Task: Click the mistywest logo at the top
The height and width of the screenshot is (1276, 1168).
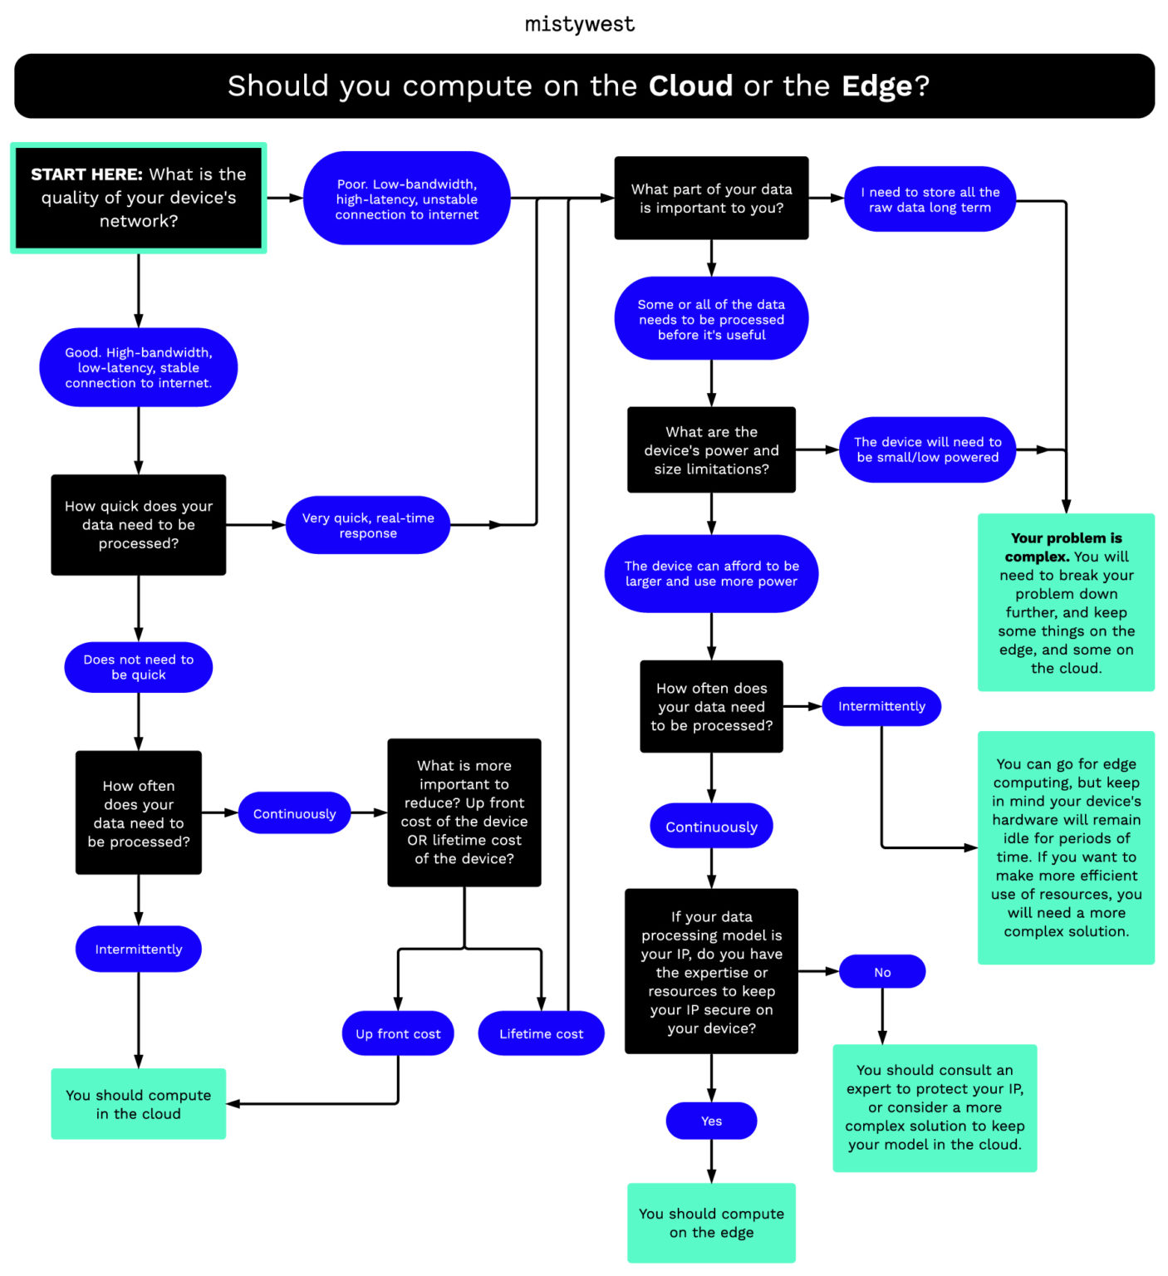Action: [x=580, y=25]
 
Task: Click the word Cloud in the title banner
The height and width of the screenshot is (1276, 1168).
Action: [x=690, y=86]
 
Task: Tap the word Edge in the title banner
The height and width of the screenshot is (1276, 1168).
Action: [x=876, y=86]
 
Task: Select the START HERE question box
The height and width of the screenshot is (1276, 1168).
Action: [x=139, y=198]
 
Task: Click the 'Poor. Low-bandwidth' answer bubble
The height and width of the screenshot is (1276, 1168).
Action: [x=406, y=199]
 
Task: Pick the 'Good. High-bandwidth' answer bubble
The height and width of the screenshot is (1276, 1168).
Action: [x=139, y=367]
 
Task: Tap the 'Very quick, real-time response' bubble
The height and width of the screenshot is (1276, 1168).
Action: [x=368, y=525]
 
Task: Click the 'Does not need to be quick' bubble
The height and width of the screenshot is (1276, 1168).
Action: [x=139, y=667]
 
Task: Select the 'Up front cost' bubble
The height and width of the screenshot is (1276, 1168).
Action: [x=398, y=1033]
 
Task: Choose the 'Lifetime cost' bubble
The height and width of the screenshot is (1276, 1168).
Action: [x=541, y=1033]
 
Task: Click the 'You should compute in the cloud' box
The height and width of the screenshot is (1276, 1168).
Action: [x=139, y=1104]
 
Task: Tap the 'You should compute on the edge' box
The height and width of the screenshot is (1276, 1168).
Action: [x=711, y=1223]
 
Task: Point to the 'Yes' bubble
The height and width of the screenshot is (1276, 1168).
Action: [x=711, y=1121]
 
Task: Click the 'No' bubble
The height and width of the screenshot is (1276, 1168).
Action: [x=882, y=972]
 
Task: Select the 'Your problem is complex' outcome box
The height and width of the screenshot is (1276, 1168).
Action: [x=1066, y=602]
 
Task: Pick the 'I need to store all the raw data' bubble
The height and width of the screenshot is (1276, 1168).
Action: [x=930, y=199]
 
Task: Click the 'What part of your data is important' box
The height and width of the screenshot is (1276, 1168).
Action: [x=711, y=199]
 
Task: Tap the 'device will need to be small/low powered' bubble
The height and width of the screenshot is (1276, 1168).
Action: [x=927, y=449]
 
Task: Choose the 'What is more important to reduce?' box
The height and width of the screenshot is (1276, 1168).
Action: [x=464, y=812]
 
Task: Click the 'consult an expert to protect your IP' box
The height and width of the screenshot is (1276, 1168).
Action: [x=935, y=1107]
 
